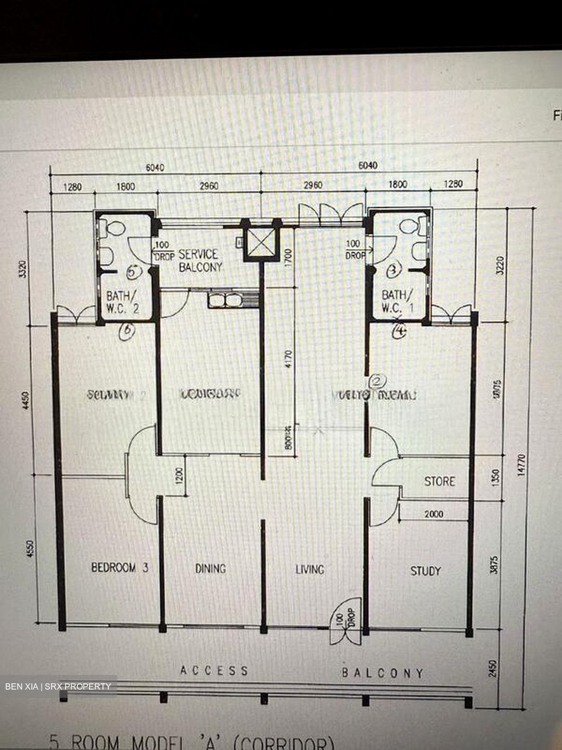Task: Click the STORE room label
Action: pos(439,481)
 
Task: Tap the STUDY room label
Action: pos(425,571)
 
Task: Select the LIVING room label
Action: pos(310,569)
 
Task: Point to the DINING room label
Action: pos(210,568)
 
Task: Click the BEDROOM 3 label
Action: pos(120,567)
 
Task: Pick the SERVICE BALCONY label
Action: pos(200,260)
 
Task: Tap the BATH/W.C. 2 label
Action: pos(122,302)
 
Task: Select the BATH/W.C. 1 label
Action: pos(398,301)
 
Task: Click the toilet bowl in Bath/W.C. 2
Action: pos(113,228)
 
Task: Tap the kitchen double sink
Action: pos(225,300)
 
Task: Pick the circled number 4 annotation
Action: pos(399,331)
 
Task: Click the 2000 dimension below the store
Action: pos(433,514)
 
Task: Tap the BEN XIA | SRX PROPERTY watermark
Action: pos(58,686)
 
